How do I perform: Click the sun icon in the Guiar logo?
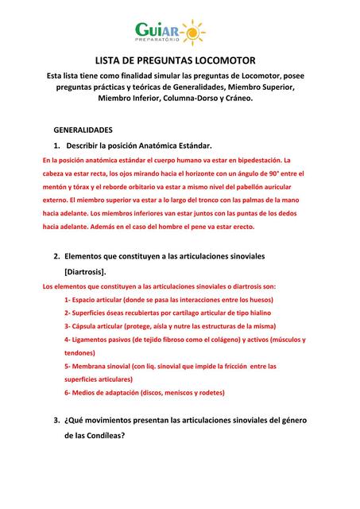192,31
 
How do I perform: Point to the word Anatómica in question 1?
151,146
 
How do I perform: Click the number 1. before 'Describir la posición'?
56,146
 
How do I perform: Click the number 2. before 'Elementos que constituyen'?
56,257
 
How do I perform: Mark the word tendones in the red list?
79,352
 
